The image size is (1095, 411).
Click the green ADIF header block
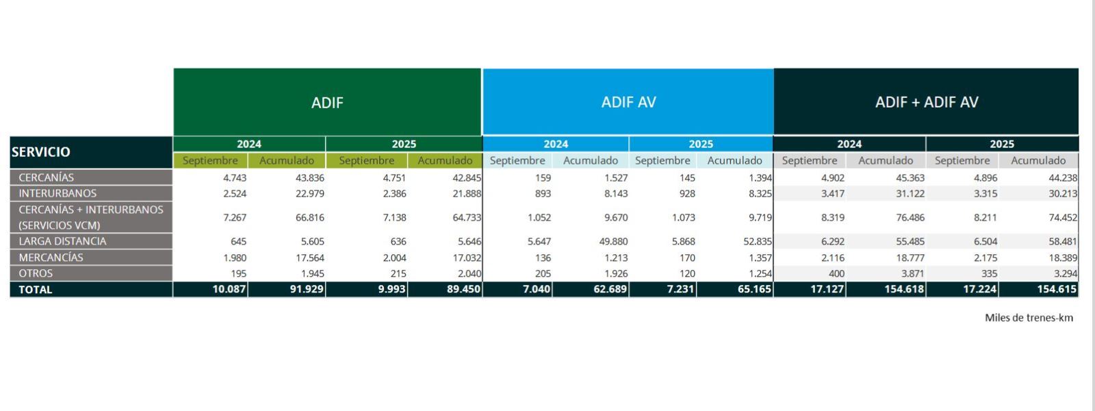point(327,102)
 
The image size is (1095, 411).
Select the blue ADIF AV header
point(628,102)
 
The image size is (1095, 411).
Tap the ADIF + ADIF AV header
point(927,102)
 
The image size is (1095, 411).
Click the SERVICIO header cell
point(41,152)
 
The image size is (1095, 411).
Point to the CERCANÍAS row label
point(47,177)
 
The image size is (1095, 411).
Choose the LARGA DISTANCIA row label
point(62,241)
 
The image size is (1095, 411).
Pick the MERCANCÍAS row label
point(51,258)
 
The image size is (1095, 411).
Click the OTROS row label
point(36,273)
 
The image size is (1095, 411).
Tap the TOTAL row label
point(36,290)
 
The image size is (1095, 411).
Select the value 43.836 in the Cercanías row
point(310,177)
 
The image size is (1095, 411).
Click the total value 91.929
point(307,289)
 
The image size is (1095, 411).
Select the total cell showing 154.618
point(904,289)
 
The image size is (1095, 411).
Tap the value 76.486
point(910,217)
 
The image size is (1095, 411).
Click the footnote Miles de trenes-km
point(1029,317)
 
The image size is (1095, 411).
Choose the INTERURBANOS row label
point(57,193)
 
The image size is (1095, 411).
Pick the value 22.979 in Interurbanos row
point(310,193)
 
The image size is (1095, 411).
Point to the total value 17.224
point(977,289)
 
